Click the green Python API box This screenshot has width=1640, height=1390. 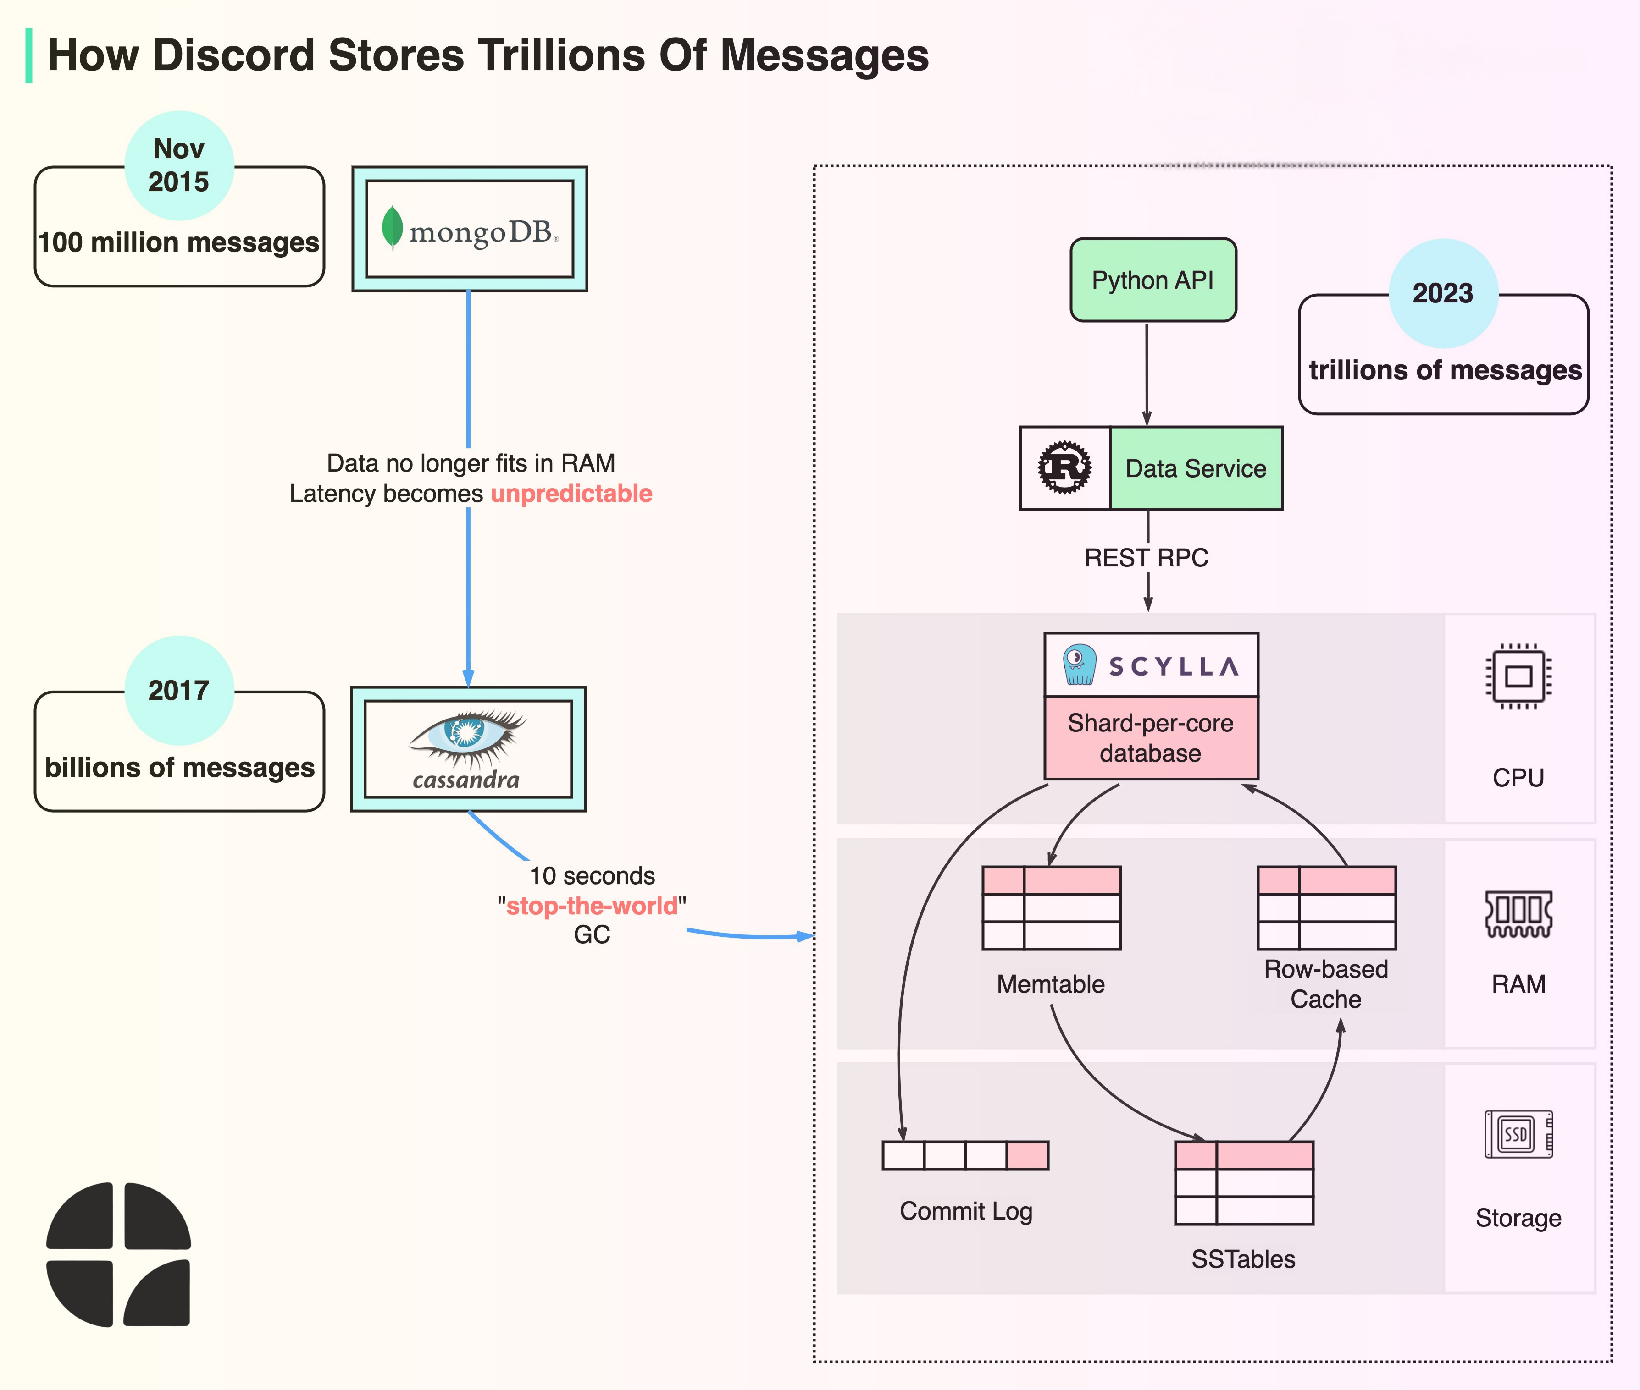1153,280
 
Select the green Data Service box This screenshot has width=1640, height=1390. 1195,468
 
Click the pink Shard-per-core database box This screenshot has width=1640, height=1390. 1150,737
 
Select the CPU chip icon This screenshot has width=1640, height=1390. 1518,676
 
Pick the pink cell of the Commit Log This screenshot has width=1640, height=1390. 1027,1155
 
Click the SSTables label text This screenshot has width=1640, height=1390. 1243,1259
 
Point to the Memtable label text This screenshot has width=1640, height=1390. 1050,984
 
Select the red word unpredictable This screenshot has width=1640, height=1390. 571,494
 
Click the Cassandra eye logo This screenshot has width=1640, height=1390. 467,737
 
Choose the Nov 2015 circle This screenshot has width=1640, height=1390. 179,165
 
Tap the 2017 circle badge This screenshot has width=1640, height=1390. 179,690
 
